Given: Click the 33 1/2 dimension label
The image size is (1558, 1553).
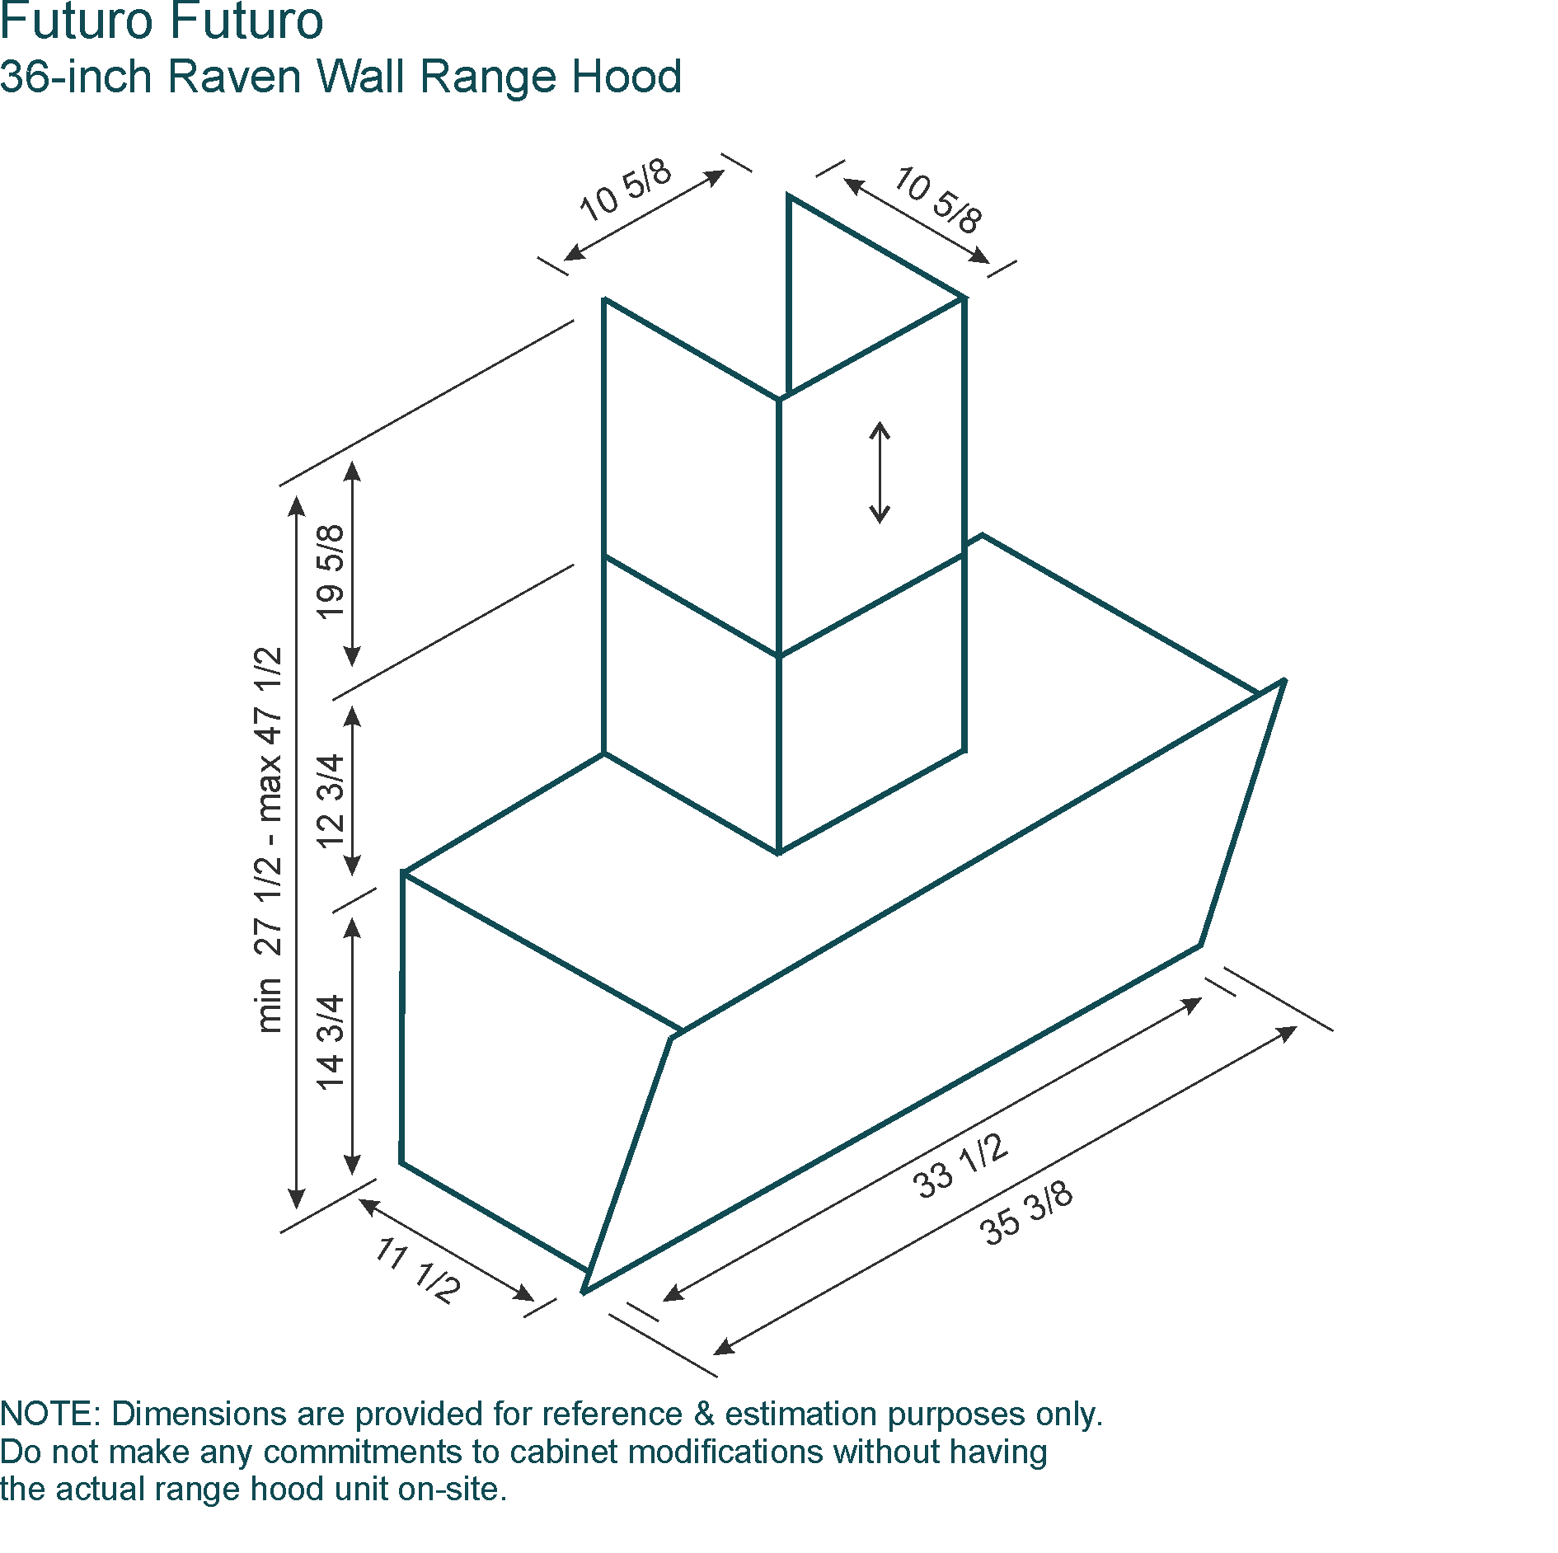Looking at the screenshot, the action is tap(960, 1166).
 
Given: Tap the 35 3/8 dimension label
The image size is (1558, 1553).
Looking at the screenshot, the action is tap(1026, 1212).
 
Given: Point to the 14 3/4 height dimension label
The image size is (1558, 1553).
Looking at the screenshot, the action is tap(330, 1042).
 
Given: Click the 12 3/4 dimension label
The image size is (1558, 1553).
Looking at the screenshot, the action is tap(330, 800).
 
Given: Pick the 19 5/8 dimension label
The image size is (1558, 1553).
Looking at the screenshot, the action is tap(330, 571).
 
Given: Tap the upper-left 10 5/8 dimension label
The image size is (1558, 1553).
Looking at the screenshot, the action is tap(626, 190).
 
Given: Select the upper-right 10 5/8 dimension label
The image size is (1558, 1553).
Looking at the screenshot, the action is tap(939, 199).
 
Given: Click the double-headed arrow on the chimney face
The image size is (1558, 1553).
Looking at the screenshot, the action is tap(880, 472).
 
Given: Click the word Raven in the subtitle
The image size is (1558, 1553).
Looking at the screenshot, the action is tap(235, 77).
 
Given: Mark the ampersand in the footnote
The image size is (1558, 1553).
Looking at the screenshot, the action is tap(703, 1414).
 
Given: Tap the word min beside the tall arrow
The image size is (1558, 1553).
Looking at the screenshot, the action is tap(269, 1006).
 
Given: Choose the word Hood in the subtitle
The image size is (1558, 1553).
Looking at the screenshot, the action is tap(627, 77).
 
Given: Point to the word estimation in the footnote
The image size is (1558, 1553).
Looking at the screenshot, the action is tap(802, 1414).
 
